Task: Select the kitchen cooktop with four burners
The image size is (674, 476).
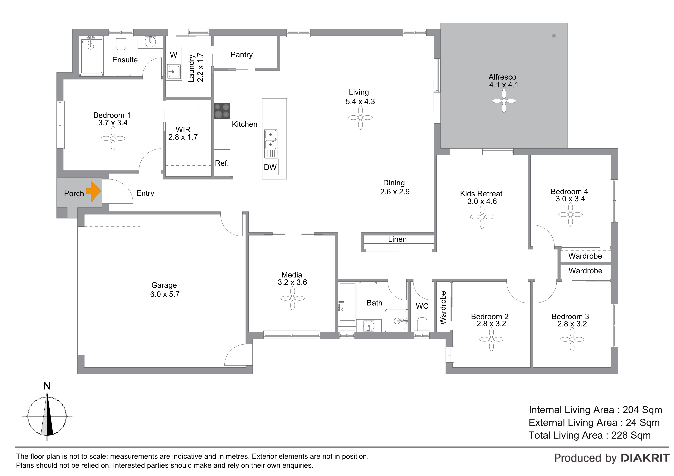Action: [x=222, y=111]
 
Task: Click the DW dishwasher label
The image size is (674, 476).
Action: [x=270, y=167]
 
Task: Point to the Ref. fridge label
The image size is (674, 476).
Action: [x=222, y=163]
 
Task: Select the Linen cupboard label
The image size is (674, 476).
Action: [x=397, y=239]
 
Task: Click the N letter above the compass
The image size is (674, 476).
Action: [x=47, y=386]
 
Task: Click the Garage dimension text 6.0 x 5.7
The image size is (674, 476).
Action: [x=165, y=294]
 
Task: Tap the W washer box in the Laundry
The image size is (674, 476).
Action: [x=173, y=55]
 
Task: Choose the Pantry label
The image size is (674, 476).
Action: [x=242, y=55]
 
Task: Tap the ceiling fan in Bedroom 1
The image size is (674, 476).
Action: [x=113, y=138]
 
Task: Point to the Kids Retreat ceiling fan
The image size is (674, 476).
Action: [x=482, y=217]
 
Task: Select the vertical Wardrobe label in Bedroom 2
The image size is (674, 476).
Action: [x=443, y=308]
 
